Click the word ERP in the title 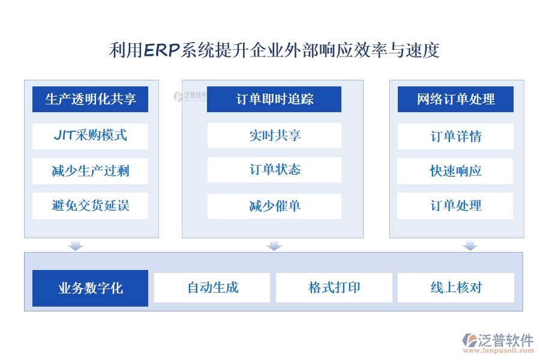point(162,50)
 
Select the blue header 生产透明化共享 point(90,99)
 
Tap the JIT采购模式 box point(90,135)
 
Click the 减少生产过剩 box point(90,171)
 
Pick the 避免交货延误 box point(90,206)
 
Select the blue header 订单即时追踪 point(274,99)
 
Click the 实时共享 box point(274,136)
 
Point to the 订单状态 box point(274,170)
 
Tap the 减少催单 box point(274,206)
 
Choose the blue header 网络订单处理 point(455,99)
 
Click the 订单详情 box point(455,136)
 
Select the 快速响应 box point(455,171)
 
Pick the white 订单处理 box point(455,205)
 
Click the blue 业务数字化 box point(90,288)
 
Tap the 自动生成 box point(212,288)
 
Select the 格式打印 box point(334,288)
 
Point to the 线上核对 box point(456,288)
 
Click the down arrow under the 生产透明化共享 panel point(76,245)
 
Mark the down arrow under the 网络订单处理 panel point(470,245)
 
